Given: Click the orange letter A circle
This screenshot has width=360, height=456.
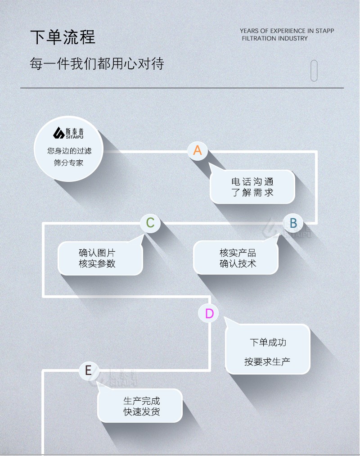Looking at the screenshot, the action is pyautogui.click(x=198, y=150).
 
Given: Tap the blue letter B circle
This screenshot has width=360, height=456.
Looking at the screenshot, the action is pyautogui.click(x=293, y=223).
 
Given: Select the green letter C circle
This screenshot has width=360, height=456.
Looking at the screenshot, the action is pyautogui.click(x=150, y=223).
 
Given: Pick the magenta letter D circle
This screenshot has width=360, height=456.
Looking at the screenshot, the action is pyautogui.click(x=209, y=313).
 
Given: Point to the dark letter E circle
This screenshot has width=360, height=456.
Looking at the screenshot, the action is pyautogui.click(x=88, y=370).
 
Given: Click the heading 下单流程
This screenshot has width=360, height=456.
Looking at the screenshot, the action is pyautogui.click(x=63, y=37).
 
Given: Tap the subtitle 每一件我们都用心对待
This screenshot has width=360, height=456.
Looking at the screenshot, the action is pyautogui.click(x=97, y=63).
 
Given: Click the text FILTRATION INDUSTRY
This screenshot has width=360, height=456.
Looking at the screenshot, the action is pyautogui.click(x=274, y=38).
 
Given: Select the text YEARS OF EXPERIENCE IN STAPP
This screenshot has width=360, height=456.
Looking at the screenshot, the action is pyautogui.click(x=287, y=31).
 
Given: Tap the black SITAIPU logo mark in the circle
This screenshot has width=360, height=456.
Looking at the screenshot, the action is pyautogui.click(x=59, y=133).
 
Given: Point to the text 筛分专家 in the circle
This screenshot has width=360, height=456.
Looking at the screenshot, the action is pyautogui.click(x=69, y=163).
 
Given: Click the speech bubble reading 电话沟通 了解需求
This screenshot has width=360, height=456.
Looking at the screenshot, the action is pyautogui.click(x=252, y=187).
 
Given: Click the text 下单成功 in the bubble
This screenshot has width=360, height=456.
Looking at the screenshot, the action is pyautogui.click(x=268, y=342).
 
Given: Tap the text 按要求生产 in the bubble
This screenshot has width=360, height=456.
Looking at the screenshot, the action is pyautogui.click(x=267, y=361).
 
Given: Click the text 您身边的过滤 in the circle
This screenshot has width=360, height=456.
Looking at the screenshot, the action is pyautogui.click(x=69, y=151).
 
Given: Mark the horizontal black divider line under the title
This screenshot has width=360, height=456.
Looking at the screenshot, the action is pyautogui.click(x=182, y=87).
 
